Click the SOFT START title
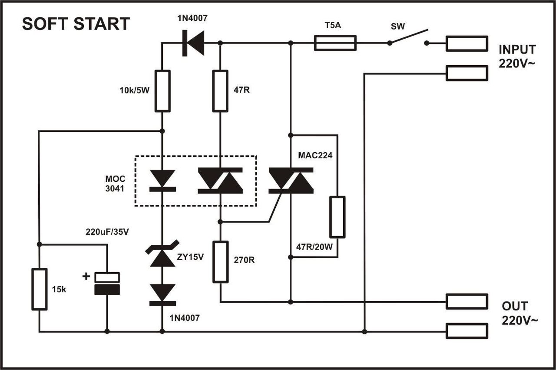tap(76, 23)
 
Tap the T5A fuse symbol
tap(335, 43)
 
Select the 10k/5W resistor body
tap(162, 91)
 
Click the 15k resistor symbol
tap(40, 289)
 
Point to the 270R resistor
tap(221, 262)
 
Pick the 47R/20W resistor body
tap(338, 217)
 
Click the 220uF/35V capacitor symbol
tap(107, 283)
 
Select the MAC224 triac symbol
tap(291, 180)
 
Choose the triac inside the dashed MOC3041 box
tap(220, 180)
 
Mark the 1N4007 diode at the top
tap(193, 43)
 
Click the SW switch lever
tap(408, 37)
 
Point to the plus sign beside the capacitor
tap(86, 277)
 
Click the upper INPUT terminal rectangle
tap(467, 43)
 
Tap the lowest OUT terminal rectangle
tap(467, 331)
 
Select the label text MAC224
tap(315, 155)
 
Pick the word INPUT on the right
tap(517, 49)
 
